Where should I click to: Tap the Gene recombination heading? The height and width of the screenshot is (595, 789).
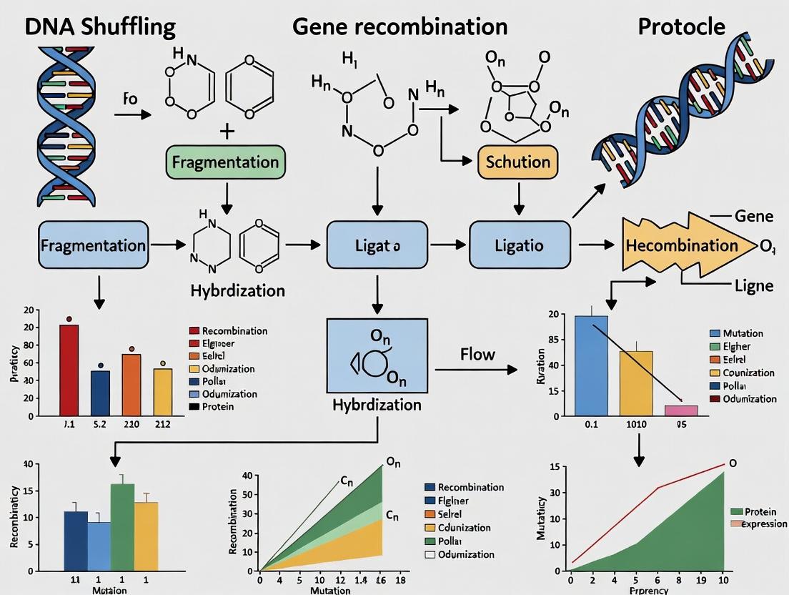(x=400, y=26)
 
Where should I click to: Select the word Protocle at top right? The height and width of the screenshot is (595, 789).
(x=681, y=26)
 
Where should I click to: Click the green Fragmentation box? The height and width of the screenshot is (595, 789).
(x=225, y=162)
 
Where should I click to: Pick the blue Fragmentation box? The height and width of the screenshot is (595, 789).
(x=93, y=245)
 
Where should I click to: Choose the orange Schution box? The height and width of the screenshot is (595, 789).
(x=517, y=162)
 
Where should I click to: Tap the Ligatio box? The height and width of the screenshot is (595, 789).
(x=520, y=245)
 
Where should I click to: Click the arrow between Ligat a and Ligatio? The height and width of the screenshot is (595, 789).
(x=448, y=245)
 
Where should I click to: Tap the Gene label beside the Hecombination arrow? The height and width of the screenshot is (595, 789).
(x=754, y=216)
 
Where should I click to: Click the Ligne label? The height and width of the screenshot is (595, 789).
(x=754, y=286)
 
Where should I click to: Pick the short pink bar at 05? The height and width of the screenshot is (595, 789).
(x=680, y=410)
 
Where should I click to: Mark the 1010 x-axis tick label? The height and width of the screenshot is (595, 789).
(x=635, y=424)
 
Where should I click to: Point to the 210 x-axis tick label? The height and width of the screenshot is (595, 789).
(x=131, y=424)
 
